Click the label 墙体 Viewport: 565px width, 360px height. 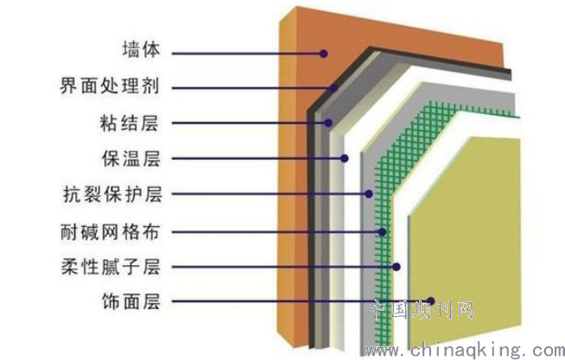(x=141, y=49)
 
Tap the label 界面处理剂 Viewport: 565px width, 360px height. (x=110, y=85)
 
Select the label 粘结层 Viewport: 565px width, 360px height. (x=130, y=123)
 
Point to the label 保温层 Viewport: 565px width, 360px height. (x=130, y=158)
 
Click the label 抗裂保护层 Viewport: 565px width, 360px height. (x=112, y=194)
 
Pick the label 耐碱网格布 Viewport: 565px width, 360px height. (x=110, y=232)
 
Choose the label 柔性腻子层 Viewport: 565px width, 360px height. (x=111, y=267)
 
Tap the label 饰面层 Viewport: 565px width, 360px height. (x=130, y=301)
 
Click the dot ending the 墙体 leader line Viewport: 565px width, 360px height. (x=324, y=54)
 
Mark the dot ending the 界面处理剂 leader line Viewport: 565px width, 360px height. (x=334, y=88)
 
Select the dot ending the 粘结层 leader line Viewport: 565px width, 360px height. (x=328, y=123)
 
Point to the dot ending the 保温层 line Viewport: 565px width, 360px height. (x=345, y=158)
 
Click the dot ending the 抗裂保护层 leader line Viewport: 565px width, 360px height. (x=368, y=193)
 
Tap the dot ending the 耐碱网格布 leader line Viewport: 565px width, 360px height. (x=383, y=232)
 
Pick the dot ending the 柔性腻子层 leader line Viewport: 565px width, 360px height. (x=397, y=267)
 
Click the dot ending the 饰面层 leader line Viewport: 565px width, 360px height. (x=430, y=301)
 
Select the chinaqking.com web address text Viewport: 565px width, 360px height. (x=465, y=350)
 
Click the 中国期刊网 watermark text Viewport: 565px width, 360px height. (x=422, y=310)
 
